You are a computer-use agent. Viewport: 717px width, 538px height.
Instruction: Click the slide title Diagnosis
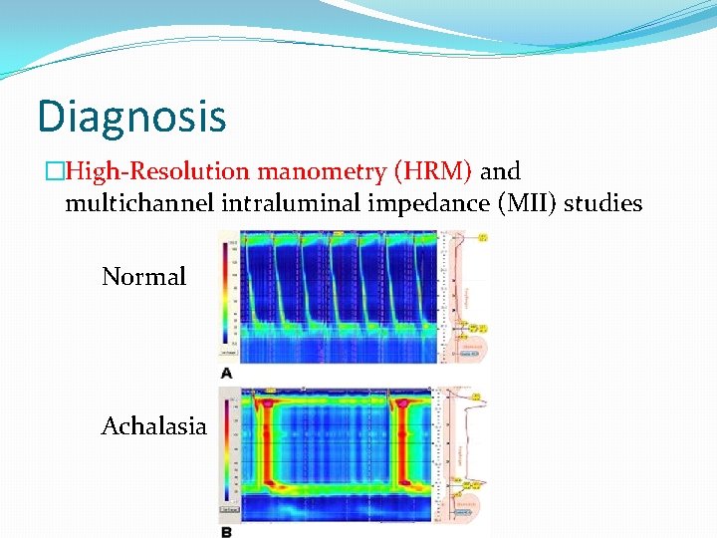[x=131, y=117]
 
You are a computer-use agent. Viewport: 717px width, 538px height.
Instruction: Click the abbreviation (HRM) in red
[x=433, y=171]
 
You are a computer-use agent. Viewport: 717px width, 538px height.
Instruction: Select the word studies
[x=602, y=204]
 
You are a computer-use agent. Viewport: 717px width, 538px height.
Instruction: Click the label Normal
[x=143, y=277]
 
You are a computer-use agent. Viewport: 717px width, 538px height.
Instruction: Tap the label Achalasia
[x=153, y=426]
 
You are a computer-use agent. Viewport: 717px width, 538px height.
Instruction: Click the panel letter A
[x=227, y=373]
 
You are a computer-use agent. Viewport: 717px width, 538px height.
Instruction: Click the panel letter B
[x=227, y=531]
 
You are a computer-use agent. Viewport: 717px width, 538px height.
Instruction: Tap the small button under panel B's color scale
[x=229, y=508]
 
